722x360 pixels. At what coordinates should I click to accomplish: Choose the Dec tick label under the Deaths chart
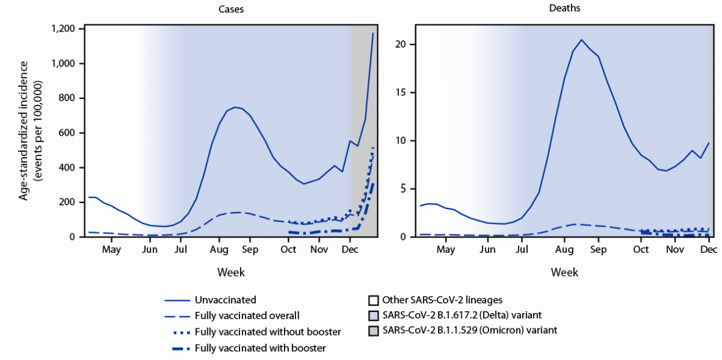click(709, 250)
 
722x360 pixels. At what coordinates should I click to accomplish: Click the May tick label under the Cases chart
click(111, 250)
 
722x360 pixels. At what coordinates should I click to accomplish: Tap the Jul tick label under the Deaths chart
click(522, 250)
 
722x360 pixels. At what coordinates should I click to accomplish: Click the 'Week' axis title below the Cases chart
click(230, 272)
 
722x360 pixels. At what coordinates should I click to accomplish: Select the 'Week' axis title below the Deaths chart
click(564, 272)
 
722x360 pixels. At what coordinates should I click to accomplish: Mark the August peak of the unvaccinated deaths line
click(582, 40)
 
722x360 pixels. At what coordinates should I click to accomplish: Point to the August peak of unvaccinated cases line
click(235, 107)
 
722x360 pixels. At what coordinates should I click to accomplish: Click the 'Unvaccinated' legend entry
click(225, 300)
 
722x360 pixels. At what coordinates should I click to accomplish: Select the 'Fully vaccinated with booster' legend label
click(260, 348)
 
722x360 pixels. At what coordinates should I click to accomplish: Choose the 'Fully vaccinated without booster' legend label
click(267, 332)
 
